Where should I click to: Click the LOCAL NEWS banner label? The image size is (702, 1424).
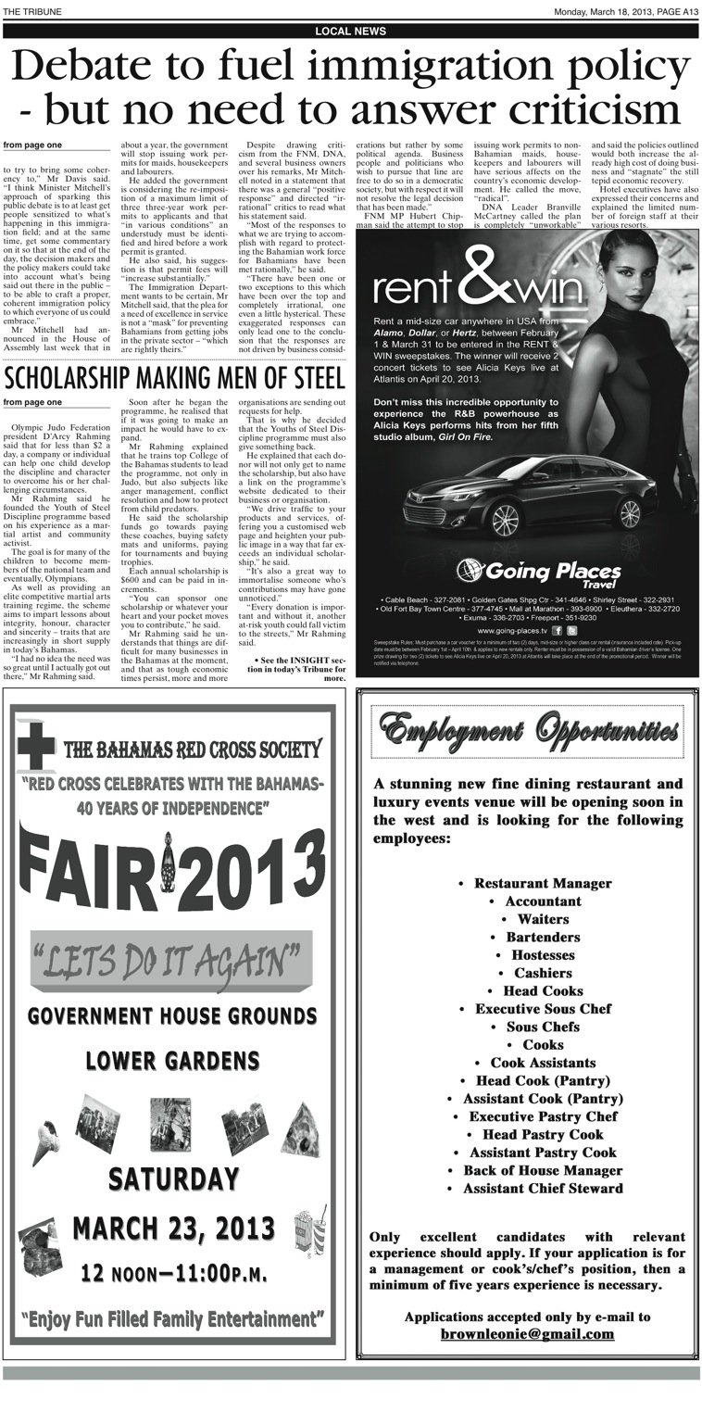[350, 31]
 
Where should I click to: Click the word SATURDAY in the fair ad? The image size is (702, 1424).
[173, 1178]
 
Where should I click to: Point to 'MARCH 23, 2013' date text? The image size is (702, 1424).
[173, 1229]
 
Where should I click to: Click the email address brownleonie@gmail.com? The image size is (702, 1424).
[527, 1334]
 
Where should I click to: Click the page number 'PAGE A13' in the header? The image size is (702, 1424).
[674, 11]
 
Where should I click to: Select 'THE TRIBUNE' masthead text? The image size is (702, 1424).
[31, 11]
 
